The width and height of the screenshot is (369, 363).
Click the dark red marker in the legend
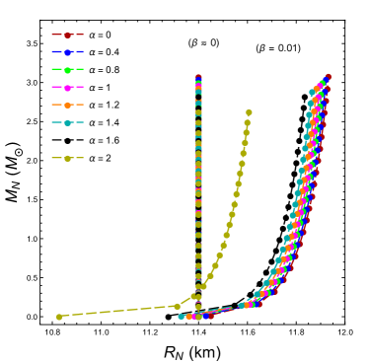67,35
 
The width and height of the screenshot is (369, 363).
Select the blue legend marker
67,51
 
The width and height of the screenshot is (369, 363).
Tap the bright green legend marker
67,70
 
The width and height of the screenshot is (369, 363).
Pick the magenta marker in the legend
67,88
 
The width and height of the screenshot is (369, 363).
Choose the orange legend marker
67,105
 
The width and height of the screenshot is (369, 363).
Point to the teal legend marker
67,122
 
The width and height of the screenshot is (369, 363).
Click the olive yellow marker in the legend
67,158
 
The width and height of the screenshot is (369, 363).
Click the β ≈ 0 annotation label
203,43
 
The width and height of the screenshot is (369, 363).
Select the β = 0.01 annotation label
277,48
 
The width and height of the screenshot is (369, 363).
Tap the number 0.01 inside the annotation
287,48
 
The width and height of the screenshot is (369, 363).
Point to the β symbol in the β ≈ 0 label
194,43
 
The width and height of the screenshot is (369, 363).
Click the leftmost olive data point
59,317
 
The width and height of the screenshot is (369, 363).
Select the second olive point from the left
178,306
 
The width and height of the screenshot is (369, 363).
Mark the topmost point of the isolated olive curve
249,112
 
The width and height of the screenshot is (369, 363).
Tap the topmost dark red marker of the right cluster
328,77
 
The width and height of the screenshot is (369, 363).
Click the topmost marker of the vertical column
198,78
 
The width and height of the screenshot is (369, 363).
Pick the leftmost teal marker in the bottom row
182,317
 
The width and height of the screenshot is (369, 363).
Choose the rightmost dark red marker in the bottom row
211,316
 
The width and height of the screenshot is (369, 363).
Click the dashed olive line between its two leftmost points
118,312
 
